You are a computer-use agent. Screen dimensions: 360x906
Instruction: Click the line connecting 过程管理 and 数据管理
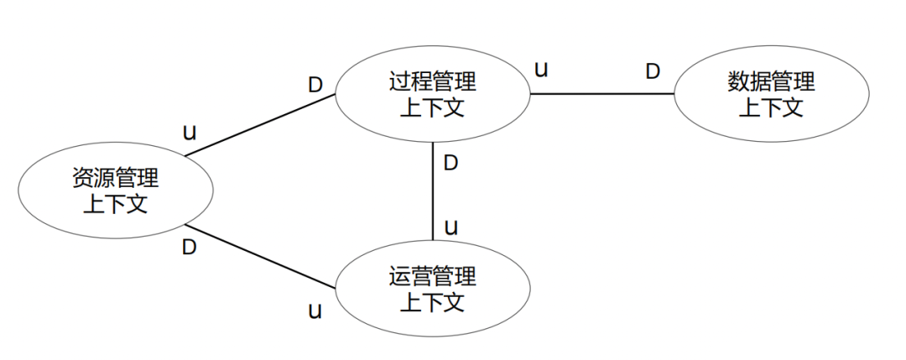click(x=602, y=94)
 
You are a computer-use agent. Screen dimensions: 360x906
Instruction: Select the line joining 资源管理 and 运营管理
click(x=260, y=257)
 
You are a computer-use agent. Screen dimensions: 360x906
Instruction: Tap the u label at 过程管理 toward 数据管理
click(x=542, y=69)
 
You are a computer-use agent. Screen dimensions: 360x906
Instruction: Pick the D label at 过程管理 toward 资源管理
click(x=315, y=85)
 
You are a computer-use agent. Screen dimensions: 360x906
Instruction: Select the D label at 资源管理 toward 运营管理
click(x=190, y=248)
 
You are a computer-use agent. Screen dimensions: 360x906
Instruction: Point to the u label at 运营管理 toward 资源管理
click(x=315, y=311)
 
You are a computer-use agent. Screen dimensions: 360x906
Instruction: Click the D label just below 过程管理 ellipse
click(x=450, y=163)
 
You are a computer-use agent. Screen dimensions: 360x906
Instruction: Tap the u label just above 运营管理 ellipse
click(x=450, y=227)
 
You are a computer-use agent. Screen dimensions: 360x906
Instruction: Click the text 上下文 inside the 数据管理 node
click(x=771, y=107)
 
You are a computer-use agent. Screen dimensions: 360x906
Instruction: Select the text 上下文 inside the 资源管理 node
click(x=115, y=204)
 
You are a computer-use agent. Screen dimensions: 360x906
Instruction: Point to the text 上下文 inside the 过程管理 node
click(x=433, y=107)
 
